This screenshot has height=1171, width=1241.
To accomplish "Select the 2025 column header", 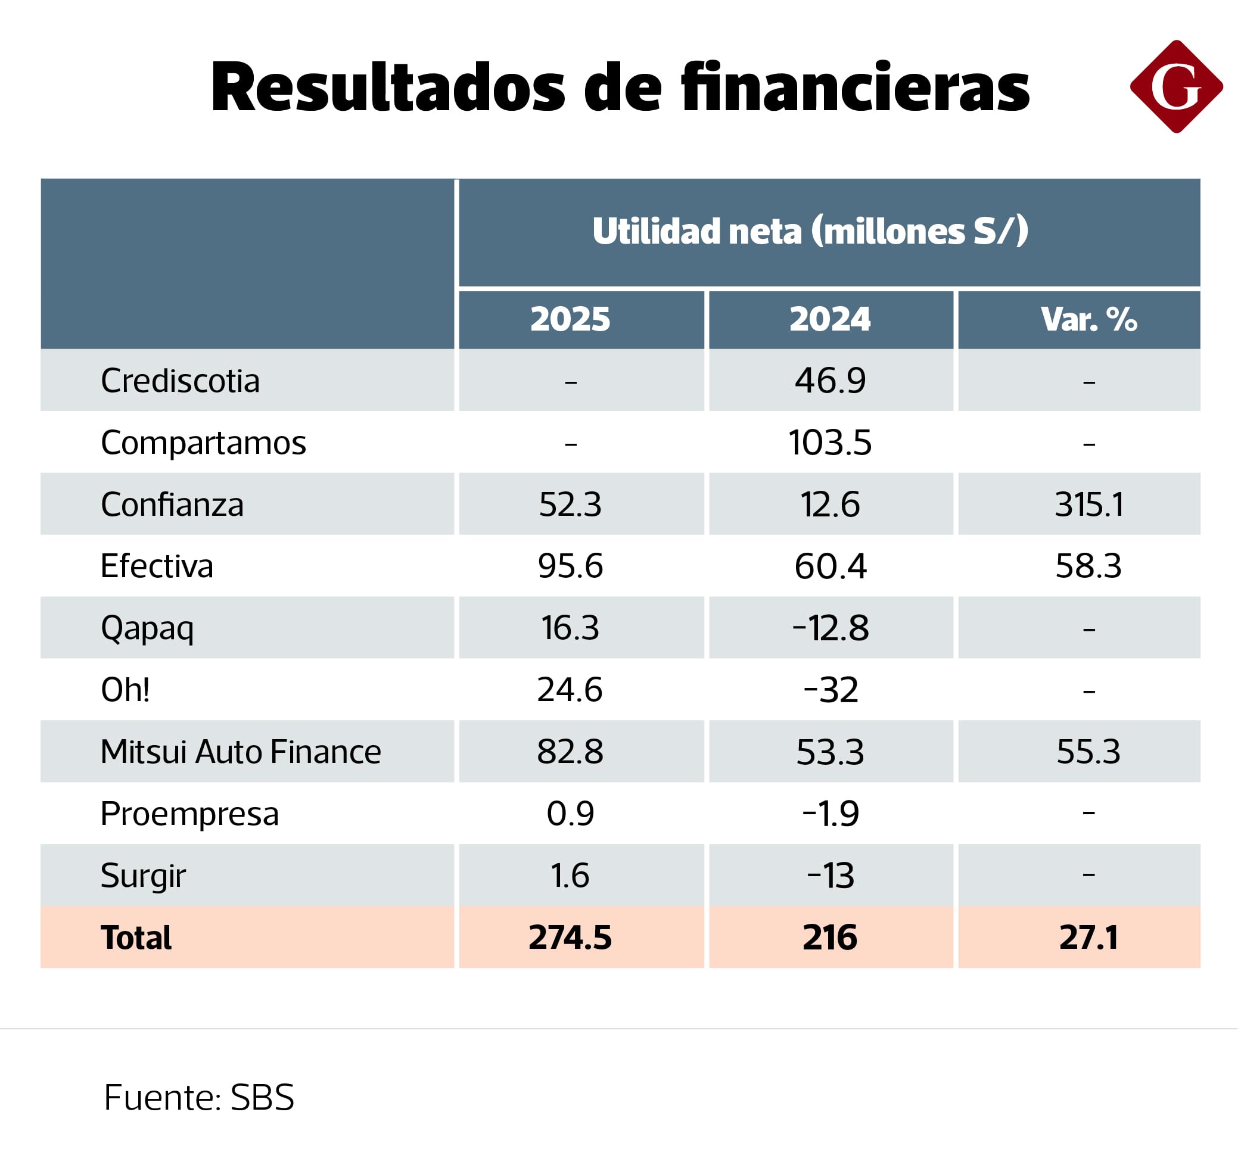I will [570, 319].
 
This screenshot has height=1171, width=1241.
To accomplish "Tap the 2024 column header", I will [830, 319].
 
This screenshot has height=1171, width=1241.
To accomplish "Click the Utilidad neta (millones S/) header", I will [810, 231].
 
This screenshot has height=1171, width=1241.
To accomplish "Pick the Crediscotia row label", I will [180, 381].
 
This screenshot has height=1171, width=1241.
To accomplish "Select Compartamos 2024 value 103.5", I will [830, 443].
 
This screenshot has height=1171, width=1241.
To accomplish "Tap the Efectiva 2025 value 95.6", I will [570, 566].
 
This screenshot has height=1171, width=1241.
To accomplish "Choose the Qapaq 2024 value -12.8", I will [830, 628].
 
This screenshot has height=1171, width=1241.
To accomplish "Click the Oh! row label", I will [125, 690].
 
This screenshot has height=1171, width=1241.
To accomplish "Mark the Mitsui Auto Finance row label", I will [240, 752].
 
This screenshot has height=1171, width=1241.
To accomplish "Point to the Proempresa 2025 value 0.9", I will [570, 814].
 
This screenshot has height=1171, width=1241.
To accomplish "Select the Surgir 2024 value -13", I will [830, 875].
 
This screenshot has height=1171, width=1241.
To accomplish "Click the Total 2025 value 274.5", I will [570, 938].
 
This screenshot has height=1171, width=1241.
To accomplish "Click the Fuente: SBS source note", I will [198, 1097].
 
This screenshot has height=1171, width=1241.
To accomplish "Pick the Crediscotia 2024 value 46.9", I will [830, 381].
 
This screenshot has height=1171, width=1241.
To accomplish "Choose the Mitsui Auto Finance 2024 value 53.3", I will [830, 752].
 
